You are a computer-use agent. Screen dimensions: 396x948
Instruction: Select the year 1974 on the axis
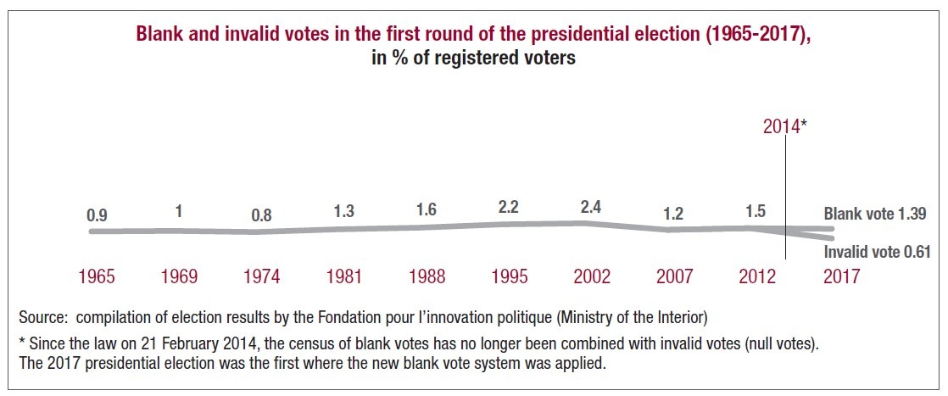pyautogui.click(x=262, y=276)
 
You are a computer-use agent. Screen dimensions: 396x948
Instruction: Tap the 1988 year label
pyautogui.click(x=427, y=276)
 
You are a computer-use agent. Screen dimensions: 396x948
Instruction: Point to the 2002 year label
pyautogui.click(x=593, y=276)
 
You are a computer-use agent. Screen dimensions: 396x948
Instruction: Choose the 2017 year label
pyautogui.click(x=841, y=276)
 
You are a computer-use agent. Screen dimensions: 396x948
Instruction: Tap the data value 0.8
pyautogui.click(x=262, y=215)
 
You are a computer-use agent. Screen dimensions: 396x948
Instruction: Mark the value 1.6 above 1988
pyautogui.click(x=427, y=210)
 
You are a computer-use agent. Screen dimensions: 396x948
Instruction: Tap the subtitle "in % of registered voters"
pyautogui.click(x=474, y=59)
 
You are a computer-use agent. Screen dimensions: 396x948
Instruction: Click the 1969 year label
pyautogui.click(x=180, y=276)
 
